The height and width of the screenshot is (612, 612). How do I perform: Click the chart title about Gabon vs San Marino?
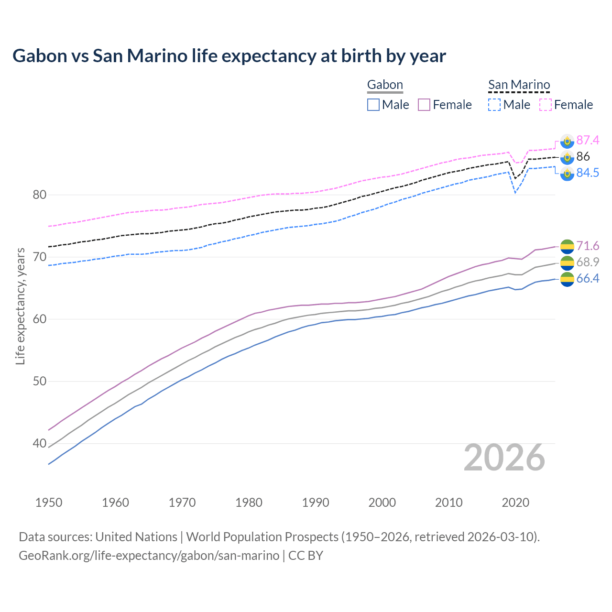(229, 56)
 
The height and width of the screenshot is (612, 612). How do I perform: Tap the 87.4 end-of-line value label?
(588, 140)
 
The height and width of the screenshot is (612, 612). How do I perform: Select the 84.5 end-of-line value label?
(588, 173)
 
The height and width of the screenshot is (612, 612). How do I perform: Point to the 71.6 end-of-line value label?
(588, 246)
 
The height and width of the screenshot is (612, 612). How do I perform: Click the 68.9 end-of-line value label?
(588, 262)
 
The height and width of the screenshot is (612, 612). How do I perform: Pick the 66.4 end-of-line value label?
(588, 278)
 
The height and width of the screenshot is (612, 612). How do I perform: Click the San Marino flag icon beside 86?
(567, 157)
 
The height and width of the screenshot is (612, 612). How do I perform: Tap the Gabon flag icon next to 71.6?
(567, 246)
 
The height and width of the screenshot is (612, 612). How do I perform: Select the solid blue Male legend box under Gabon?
(373, 105)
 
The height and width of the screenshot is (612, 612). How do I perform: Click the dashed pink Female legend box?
(546, 105)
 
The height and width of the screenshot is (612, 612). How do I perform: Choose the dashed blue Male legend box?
(494, 105)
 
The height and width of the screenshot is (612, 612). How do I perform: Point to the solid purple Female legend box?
(424, 105)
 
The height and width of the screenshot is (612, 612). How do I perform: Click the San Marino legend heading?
(519, 85)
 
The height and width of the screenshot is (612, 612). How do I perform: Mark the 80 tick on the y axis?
(40, 195)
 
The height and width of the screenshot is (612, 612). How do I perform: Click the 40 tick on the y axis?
(40, 443)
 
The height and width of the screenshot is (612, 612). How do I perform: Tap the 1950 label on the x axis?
(49, 503)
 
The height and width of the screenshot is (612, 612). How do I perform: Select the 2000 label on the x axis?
(382, 503)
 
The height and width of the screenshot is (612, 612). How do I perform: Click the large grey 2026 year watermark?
(504, 458)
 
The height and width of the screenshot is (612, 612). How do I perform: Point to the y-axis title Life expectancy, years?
(20, 306)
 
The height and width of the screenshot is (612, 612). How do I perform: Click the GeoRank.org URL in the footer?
(149, 556)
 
